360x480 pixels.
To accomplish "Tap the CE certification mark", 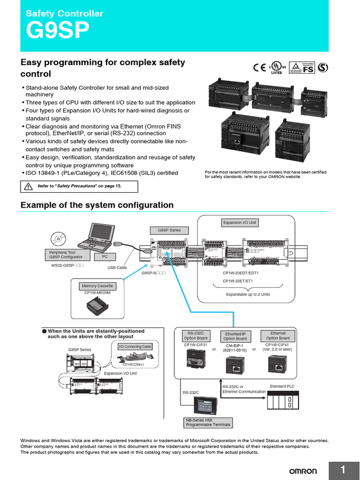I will tap(259, 67).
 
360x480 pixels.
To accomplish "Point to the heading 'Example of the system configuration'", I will tap(97, 205).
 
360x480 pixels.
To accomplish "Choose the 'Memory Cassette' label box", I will tap(97, 285).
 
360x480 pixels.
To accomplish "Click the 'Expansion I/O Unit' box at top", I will tap(240, 223).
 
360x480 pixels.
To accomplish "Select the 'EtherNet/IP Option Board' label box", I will tap(235, 336).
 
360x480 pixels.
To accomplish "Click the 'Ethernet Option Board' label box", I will tap(278, 336).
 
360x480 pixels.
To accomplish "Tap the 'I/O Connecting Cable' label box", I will tap(135, 346).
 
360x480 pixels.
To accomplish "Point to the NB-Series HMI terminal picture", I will tap(207, 405).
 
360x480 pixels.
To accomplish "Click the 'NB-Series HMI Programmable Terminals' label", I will tap(209, 422).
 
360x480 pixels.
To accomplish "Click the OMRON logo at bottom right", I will tap(302, 471).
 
